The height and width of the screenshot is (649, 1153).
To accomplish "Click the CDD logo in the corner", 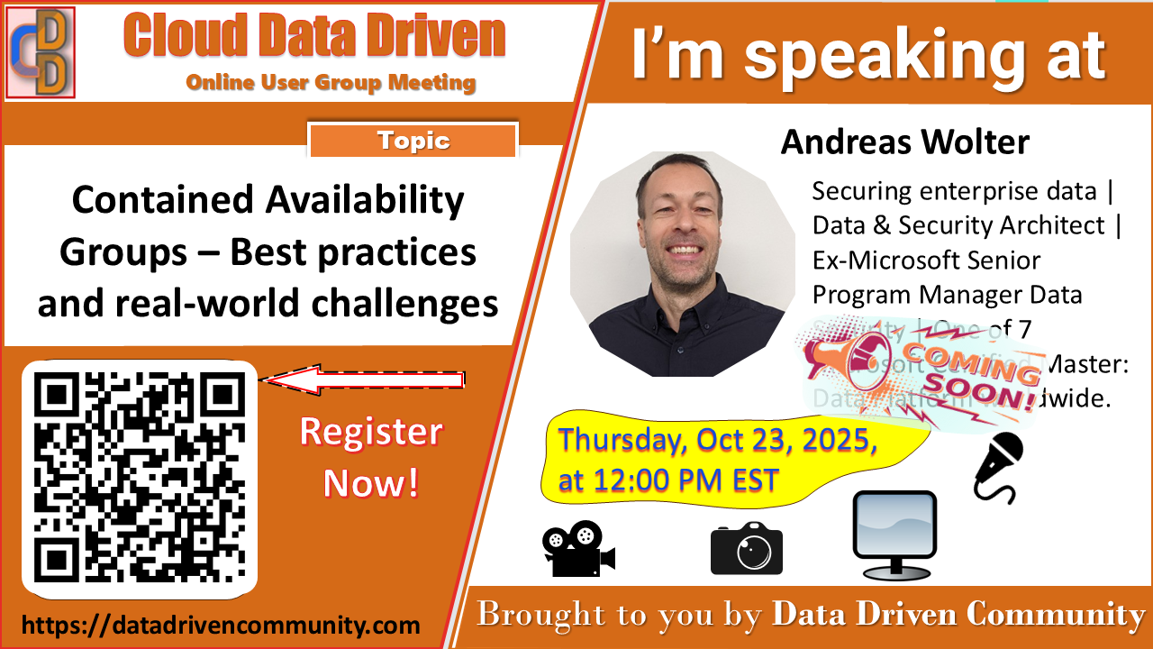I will (41, 51).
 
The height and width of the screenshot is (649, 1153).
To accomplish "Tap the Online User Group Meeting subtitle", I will (331, 83).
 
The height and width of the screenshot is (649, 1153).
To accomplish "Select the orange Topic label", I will (413, 141).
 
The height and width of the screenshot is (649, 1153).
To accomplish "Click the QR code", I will (139, 477).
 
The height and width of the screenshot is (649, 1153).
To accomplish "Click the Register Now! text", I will (371, 457).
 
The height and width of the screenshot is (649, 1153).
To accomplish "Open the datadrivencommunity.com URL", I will (221, 625).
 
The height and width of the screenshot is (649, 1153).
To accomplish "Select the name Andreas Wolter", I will (904, 142).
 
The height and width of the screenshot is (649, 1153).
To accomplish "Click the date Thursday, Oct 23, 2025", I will (717, 442).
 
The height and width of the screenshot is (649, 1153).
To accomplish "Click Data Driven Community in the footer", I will (958, 615).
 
